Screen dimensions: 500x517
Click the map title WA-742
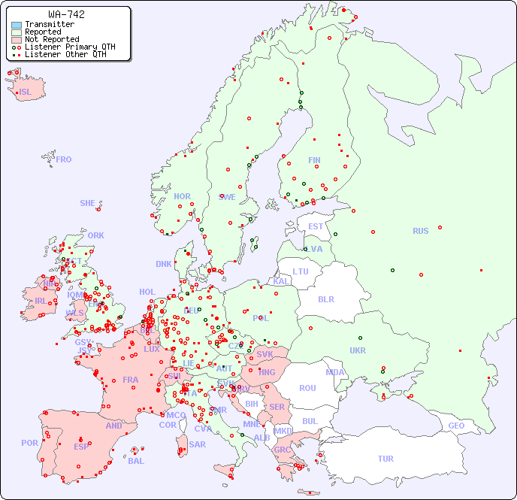point(66,14)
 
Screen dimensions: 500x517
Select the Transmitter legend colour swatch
point(17,25)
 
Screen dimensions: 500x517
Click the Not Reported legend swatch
point(17,40)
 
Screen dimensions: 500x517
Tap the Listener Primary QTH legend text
point(70,47)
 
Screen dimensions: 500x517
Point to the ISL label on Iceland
point(26,92)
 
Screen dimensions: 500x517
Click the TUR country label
point(385,459)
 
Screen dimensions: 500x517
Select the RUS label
point(420,231)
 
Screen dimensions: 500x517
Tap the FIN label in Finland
point(314,160)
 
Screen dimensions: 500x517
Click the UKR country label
point(358,350)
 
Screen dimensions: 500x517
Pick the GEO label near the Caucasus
point(456,426)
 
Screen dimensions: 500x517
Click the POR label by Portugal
point(29,443)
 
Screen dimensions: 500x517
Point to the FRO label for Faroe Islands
point(64,159)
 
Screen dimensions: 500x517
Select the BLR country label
point(325,298)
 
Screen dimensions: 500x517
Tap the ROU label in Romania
point(307,388)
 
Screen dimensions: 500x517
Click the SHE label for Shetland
point(88,203)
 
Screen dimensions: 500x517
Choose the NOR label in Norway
point(182,196)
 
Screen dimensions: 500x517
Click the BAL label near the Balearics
point(136,461)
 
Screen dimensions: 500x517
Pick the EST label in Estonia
point(316,226)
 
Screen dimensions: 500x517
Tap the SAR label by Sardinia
point(197,444)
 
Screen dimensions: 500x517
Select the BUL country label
point(310,421)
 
